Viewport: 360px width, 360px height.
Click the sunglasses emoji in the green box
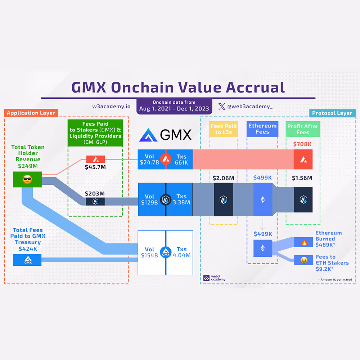click(27, 179)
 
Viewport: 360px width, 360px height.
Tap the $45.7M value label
click(95, 167)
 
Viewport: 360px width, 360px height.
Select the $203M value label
click(95, 193)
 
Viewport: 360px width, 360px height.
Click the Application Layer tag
click(31, 113)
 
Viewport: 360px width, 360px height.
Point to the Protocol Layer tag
click(332, 113)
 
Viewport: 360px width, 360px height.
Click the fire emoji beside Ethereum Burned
click(303, 242)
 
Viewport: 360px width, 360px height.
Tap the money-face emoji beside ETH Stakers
click(303, 260)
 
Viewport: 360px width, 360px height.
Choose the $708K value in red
click(302, 144)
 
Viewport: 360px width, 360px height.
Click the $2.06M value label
click(223, 177)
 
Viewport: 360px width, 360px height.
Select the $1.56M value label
click(302, 177)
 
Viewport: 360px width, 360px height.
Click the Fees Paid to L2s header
click(224, 129)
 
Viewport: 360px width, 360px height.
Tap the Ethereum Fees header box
click(262, 129)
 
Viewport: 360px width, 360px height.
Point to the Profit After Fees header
click(303, 129)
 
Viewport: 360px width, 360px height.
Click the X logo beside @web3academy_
click(222, 106)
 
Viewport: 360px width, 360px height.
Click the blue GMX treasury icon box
click(27, 260)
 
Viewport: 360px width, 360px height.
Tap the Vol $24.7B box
click(149, 159)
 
